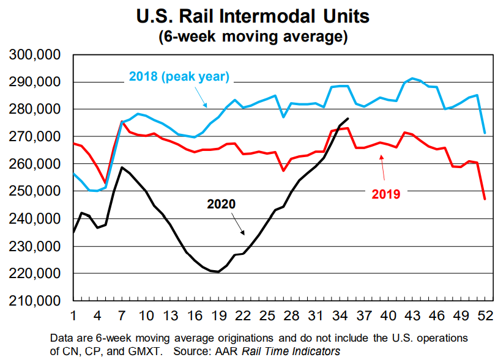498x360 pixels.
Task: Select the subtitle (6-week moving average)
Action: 253,37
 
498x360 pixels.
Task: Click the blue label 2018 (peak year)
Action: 178,77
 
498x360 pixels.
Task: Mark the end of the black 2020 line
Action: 348,119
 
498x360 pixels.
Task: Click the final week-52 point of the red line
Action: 485,199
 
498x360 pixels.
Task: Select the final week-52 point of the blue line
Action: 485,133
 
